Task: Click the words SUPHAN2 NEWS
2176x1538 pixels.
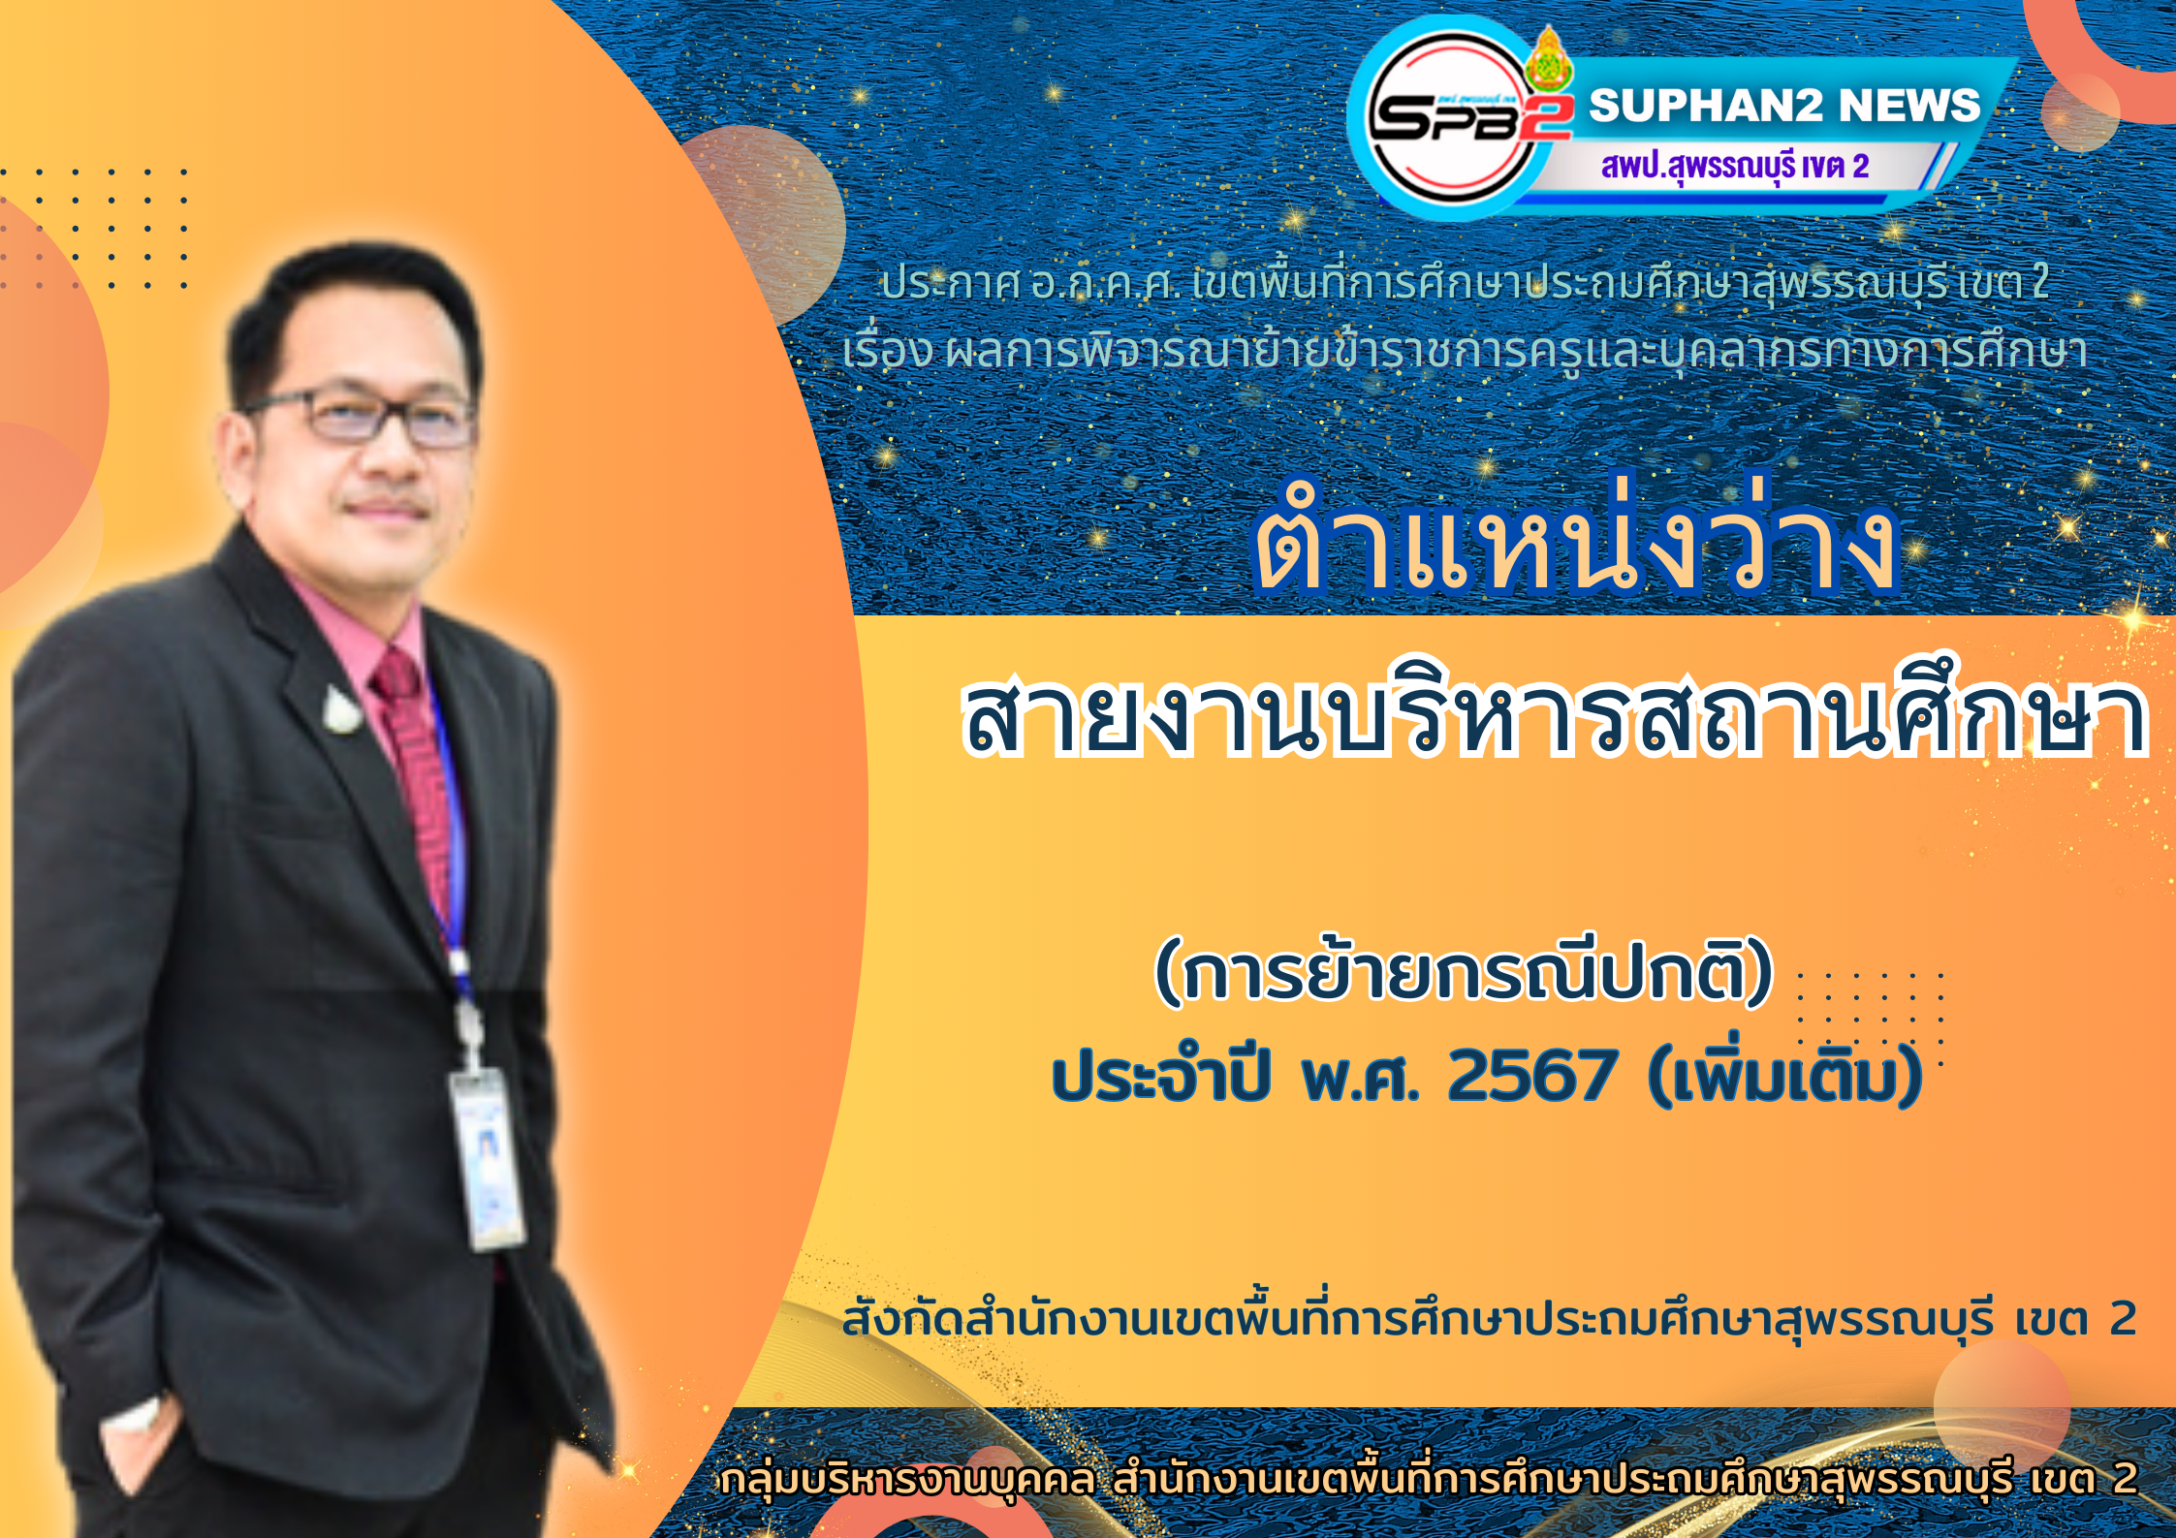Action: tap(1784, 105)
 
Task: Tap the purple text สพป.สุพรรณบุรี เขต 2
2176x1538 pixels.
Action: tap(1734, 166)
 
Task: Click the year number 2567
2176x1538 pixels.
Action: tap(1531, 1077)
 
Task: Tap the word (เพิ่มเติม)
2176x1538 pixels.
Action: tap(1784, 1073)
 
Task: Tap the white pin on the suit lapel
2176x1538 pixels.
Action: tap(341, 711)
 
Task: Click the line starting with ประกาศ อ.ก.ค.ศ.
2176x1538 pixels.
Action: tap(1464, 282)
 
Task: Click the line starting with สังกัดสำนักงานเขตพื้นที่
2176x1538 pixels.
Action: tap(1489, 1318)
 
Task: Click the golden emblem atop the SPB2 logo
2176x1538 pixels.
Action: tap(1549, 60)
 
